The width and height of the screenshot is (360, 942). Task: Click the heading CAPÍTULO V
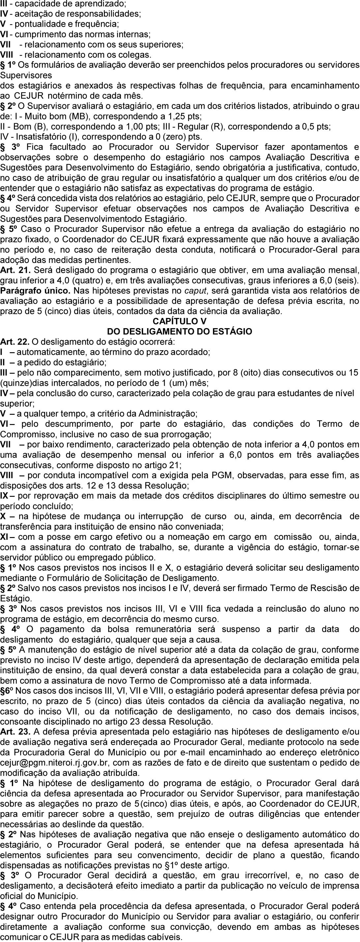click(x=180, y=322)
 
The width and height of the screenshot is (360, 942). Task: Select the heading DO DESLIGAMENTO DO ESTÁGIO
click(x=180, y=332)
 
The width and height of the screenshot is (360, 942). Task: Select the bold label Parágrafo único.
click(x=28, y=291)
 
